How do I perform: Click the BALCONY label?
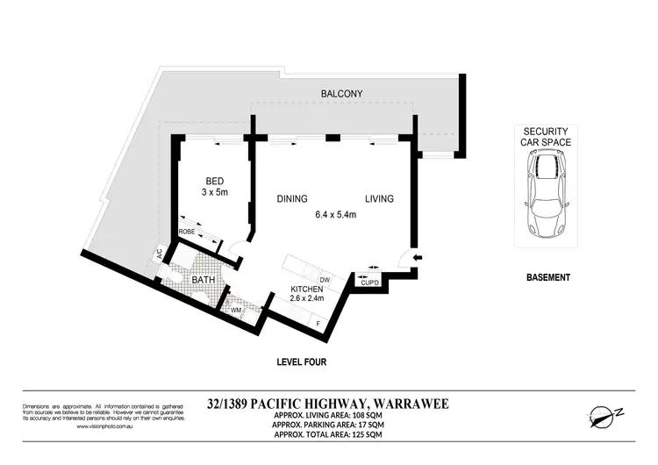[341, 93]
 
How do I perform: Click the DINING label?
[293, 199]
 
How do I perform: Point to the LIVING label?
[379, 199]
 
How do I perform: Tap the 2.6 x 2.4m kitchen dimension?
[308, 299]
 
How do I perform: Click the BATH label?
[191, 280]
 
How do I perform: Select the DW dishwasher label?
[325, 278]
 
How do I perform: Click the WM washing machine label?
[236, 310]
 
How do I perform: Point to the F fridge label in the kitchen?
[318, 325]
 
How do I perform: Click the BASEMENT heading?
[547, 277]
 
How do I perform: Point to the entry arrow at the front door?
[418, 257]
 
